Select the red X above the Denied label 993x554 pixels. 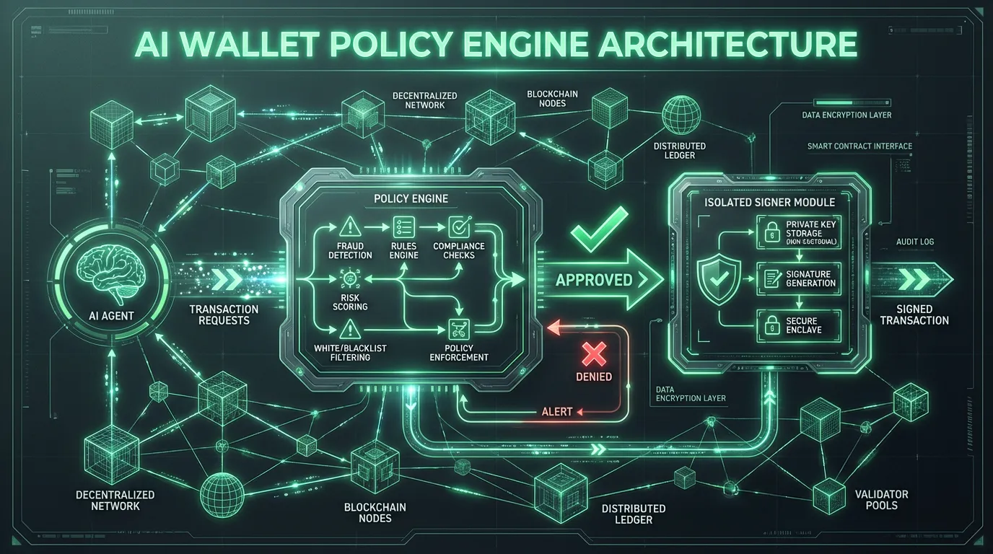coord(595,353)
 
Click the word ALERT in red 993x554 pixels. coord(556,412)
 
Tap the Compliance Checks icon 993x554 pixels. coord(459,228)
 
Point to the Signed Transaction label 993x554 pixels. coord(914,315)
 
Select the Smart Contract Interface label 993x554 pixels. coord(859,146)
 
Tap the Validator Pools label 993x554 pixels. coord(881,499)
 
